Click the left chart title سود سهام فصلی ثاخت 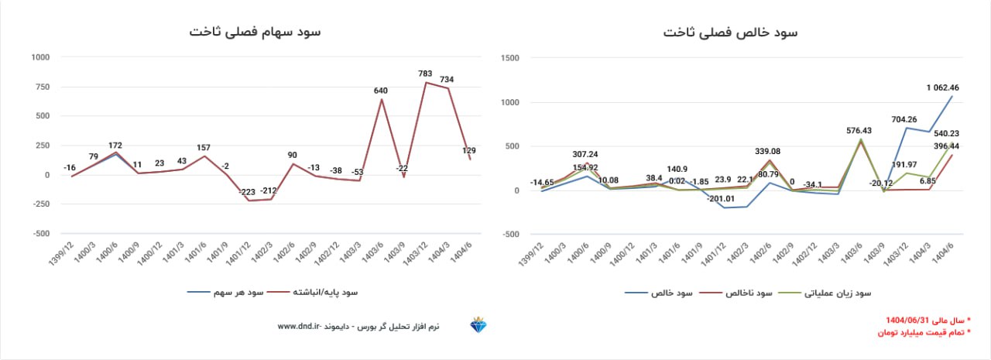(255, 32)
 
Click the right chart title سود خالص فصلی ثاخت (730, 33)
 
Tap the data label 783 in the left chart (425, 74)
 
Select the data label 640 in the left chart (380, 91)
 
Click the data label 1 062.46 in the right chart (942, 87)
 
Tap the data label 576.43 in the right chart (852, 131)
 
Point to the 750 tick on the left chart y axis (40, 87)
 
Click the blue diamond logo (478, 326)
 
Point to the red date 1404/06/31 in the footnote (914, 320)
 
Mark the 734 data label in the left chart (447, 80)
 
